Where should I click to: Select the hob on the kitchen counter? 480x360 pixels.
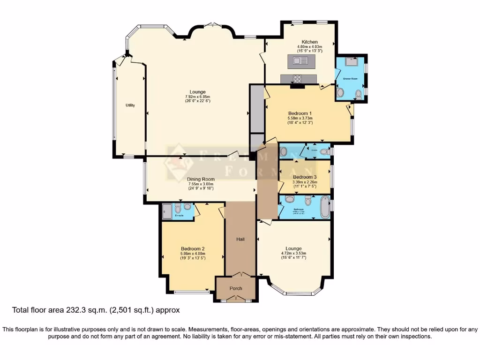point(298,79)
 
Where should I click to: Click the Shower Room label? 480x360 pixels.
point(350,79)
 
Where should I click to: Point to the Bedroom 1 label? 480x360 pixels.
point(300,113)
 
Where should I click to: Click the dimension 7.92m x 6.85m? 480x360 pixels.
point(197,97)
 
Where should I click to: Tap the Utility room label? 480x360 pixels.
point(130,105)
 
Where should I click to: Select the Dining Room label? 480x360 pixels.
point(201,179)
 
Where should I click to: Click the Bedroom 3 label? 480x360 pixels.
point(305,177)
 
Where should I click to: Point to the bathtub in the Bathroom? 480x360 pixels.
point(325,207)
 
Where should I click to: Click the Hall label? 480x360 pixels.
point(240,239)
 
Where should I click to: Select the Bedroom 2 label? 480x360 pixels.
point(193,249)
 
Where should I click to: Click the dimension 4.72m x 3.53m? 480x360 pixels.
point(294,253)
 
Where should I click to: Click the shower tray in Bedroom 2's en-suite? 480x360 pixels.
point(167,211)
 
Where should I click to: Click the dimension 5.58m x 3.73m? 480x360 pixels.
point(300,118)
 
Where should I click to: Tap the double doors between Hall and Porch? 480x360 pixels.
point(240,275)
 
